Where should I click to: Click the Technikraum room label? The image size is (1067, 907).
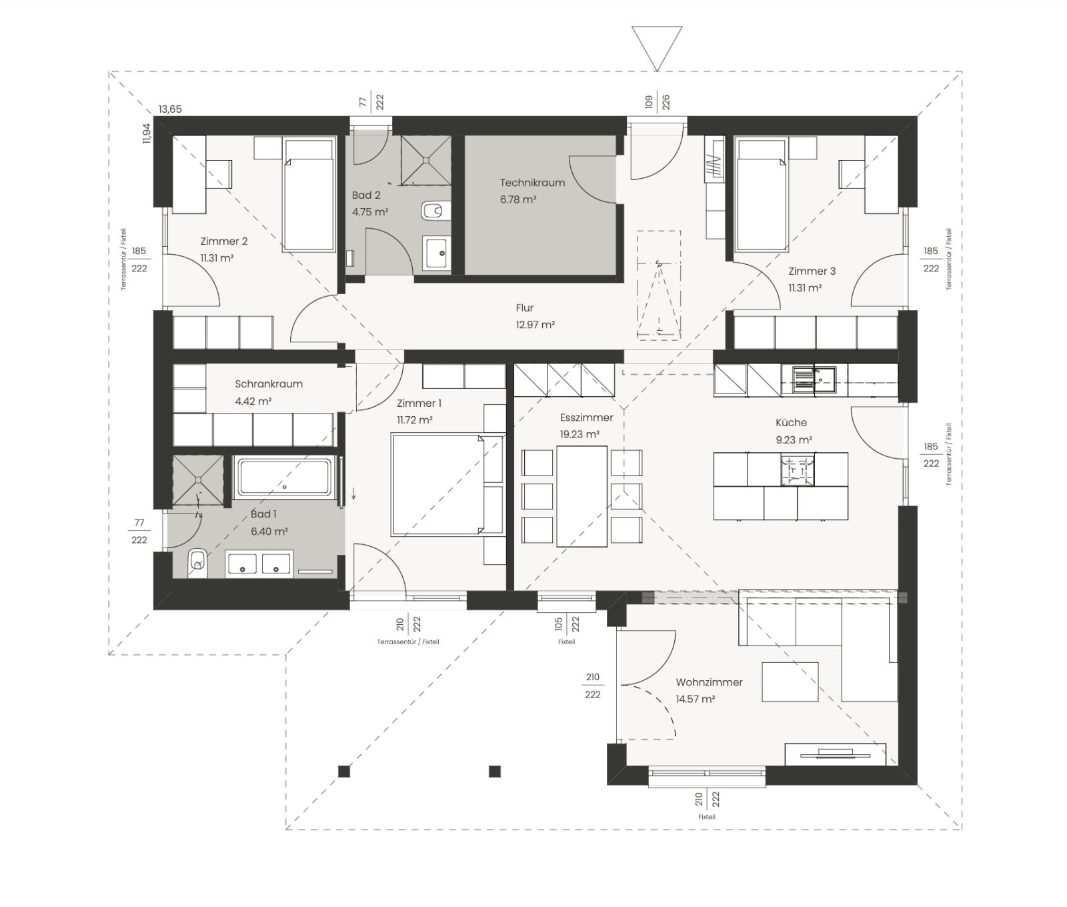pos(532,183)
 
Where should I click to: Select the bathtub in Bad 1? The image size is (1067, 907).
pos(284,478)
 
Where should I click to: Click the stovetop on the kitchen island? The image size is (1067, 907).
pos(798,470)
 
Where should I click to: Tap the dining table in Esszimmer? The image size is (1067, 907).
pos(582,496)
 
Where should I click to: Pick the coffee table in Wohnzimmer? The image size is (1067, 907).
pos(790,682)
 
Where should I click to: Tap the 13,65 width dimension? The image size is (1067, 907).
pos(170,109)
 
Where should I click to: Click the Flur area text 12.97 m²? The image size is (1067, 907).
pos(536,325)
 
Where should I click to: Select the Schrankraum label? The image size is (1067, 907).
pos(269,384)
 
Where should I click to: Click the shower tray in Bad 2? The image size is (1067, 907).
pos(425,161)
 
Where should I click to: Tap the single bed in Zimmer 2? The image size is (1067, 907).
pos(309,195)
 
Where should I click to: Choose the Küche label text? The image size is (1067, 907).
pos(792,422)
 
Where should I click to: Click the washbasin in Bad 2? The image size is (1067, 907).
pos(437,253)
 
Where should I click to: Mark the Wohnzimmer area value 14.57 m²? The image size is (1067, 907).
pos(696,699)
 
